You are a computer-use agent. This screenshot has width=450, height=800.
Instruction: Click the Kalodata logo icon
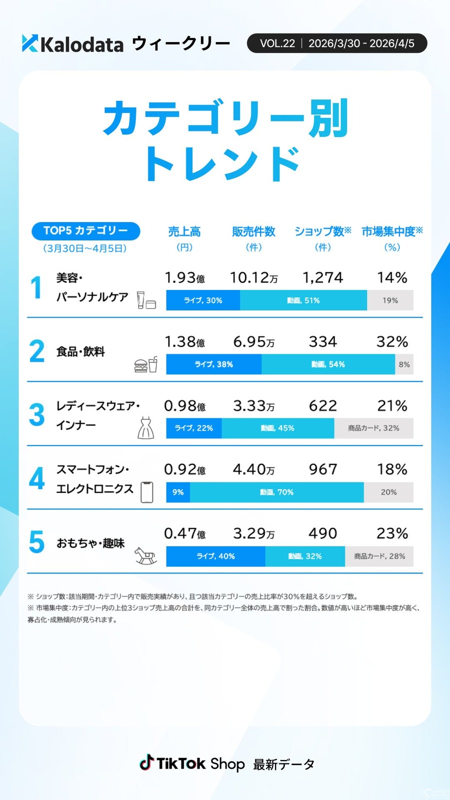point(30,43)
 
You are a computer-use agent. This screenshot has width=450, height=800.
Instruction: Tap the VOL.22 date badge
point(336,43)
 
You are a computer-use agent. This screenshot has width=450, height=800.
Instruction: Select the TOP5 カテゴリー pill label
point(85,230)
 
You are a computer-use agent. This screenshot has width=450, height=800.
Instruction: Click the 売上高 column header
point(184,231)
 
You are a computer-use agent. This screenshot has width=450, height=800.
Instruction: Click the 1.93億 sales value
point(184,278)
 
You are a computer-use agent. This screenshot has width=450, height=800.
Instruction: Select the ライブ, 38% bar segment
point(213,364)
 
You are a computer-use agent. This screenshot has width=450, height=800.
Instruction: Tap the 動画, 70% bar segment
point(276,492)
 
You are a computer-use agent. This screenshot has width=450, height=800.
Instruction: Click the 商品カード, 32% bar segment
point(373,428)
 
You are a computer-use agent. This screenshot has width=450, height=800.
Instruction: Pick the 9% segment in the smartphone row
point(178,492)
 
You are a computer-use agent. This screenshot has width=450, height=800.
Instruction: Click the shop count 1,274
point(323,278)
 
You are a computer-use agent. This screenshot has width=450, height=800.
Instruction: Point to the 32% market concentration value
point(392,342)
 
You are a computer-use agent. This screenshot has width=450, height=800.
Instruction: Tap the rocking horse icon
point(145,555)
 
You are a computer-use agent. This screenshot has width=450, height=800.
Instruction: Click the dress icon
point(145,428)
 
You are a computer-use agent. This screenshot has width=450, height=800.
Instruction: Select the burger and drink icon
point(145,365)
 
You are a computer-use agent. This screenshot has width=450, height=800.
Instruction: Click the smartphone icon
point(146,492)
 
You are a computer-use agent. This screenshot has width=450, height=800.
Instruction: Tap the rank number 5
point(36,542)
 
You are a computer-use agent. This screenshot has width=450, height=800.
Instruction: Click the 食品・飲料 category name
point(80,351)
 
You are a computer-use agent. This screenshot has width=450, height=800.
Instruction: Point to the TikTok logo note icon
point(146,762)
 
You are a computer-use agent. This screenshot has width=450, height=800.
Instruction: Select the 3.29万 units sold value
point(253,533)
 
